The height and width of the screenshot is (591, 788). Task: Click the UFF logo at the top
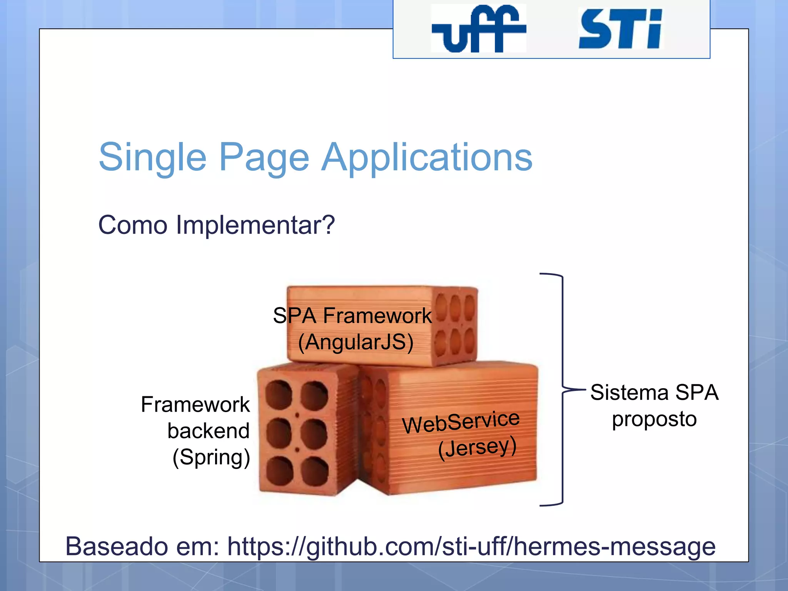pos(478,29)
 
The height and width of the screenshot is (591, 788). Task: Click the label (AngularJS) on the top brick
pos(356,342)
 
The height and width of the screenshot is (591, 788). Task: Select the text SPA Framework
pos(352,316)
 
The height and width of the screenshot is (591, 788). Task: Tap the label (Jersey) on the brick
pos(477,447)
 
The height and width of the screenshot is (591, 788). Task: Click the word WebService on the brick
pos(461,422)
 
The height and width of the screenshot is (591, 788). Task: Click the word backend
pos(209,431)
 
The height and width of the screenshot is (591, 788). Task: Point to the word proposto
pos(654,419)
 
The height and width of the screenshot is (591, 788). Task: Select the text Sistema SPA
pos(654,392)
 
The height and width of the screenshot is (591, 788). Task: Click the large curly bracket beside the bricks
pos(562,389)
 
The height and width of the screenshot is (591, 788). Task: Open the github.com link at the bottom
pos(471,546)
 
